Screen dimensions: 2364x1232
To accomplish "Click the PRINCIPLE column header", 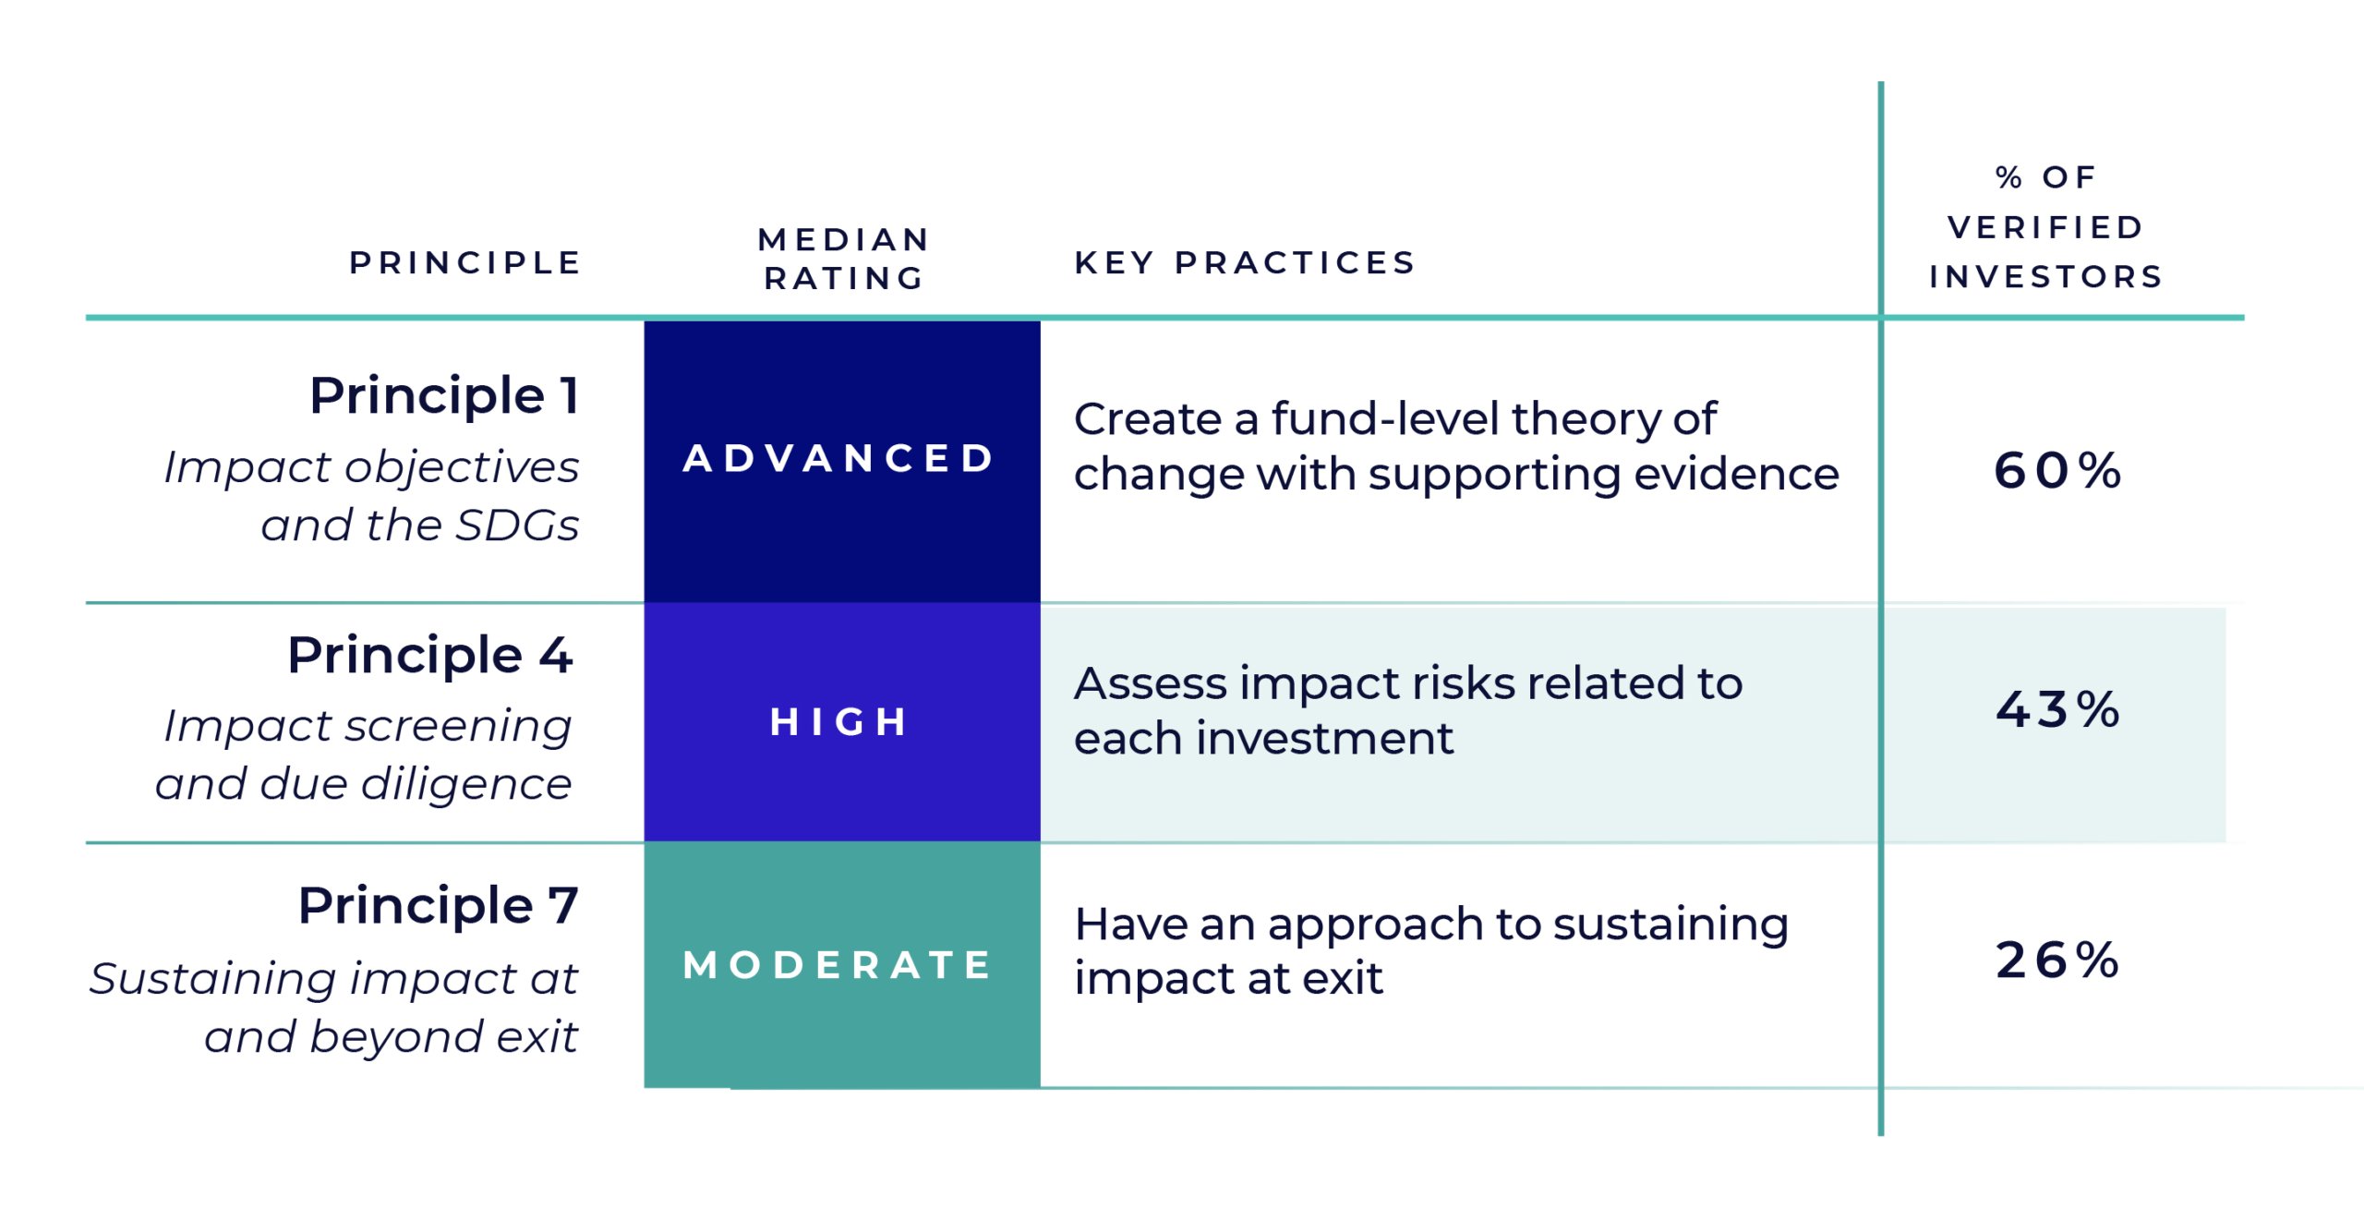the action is coord(465,263).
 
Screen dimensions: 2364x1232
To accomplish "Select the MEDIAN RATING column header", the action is coord(843,259).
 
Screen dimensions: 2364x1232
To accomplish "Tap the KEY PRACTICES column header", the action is coord(1245,263).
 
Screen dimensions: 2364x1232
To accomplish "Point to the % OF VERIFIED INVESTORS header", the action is coord(2046,227).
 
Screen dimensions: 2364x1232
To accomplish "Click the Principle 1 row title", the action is coord(444,395).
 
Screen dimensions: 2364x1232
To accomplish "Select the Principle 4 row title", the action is coord(430,655).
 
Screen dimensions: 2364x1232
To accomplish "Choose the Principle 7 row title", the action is coord(438,905).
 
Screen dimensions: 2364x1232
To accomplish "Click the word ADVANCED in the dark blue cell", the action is coord(838,459).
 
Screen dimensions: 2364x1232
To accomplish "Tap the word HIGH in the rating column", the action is coord(838,722).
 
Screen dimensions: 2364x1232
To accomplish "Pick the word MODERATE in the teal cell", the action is coord(838,966).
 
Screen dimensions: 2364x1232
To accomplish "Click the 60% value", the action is coord(2057,471).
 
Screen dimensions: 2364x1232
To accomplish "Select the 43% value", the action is coord(2057,710).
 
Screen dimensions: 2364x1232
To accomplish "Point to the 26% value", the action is coord(2057,960).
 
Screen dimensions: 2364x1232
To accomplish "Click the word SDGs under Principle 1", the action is coord(517,525).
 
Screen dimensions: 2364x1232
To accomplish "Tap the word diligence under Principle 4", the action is coord(466,783).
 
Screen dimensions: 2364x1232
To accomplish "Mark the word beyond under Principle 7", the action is coord(397,1037).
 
